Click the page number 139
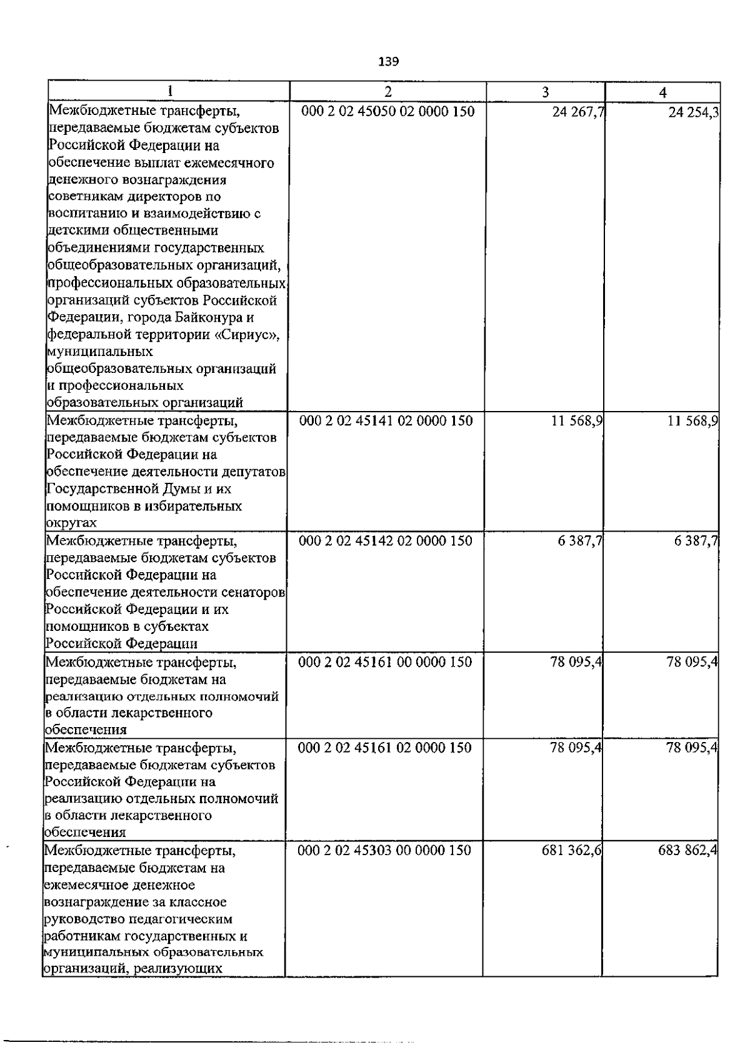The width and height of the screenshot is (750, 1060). pyautogui.click(x=388, y=61)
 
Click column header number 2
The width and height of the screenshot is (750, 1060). pyautogui.click(x=388, y=92)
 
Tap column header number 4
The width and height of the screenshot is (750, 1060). pyautogui.click(x=662, y=92)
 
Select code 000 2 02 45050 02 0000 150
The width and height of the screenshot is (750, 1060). pyautogui.click(x=387, y=112)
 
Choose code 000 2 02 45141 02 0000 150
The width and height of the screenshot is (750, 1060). pyautogui.click(x=386, y=421)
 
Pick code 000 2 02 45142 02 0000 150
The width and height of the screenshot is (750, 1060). pyautogui.click(x=386, y=541)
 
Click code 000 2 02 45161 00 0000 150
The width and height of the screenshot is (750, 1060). pyautogui.click(x=386, y=662)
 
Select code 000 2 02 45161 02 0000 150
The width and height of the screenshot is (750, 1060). pyautogui.click(x=386, y=748)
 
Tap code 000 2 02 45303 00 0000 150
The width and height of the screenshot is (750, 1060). pyautogui.click(x=385, y=850)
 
